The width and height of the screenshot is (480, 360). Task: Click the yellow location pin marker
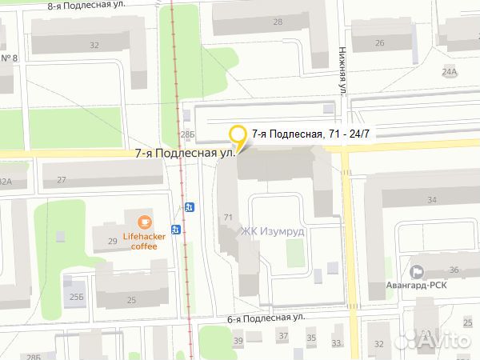(237, 137)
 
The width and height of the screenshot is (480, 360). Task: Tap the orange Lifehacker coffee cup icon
(144, 222)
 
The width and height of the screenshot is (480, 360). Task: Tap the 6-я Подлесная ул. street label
(266, 318)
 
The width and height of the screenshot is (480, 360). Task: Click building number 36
(454, 270)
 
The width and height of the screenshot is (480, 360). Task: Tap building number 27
(62, 180)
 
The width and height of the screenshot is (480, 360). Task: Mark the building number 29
(100, 240)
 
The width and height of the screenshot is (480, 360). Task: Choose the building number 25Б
(75, 297)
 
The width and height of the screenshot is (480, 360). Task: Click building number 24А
(451, 71)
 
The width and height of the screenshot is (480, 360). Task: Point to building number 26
(380, 43)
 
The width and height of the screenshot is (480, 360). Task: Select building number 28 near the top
(278, 22)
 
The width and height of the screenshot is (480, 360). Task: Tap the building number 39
(238, 342)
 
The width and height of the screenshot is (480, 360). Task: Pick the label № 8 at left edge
(10, 58)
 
